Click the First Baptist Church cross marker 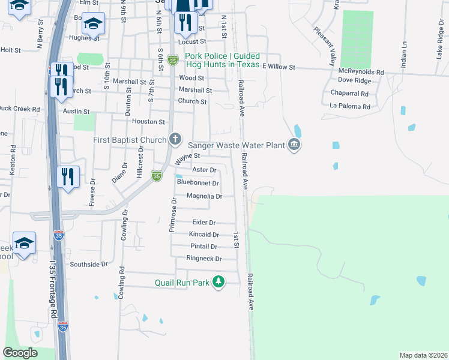pos(175,140)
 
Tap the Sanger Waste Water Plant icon pos(294,145)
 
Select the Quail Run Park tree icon pos(219,281)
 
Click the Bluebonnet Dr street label pos(197,183)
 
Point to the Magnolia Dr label pos(205,196)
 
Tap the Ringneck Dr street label pos(204,259)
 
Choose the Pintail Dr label pos(203,247)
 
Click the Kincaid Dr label pos(204,235)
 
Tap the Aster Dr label pos(203,170)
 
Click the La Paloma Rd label pos(350,107)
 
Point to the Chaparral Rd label pos(349,94)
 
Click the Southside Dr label pos(88,263)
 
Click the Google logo pos(20,353)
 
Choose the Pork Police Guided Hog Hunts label pos(222,60)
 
